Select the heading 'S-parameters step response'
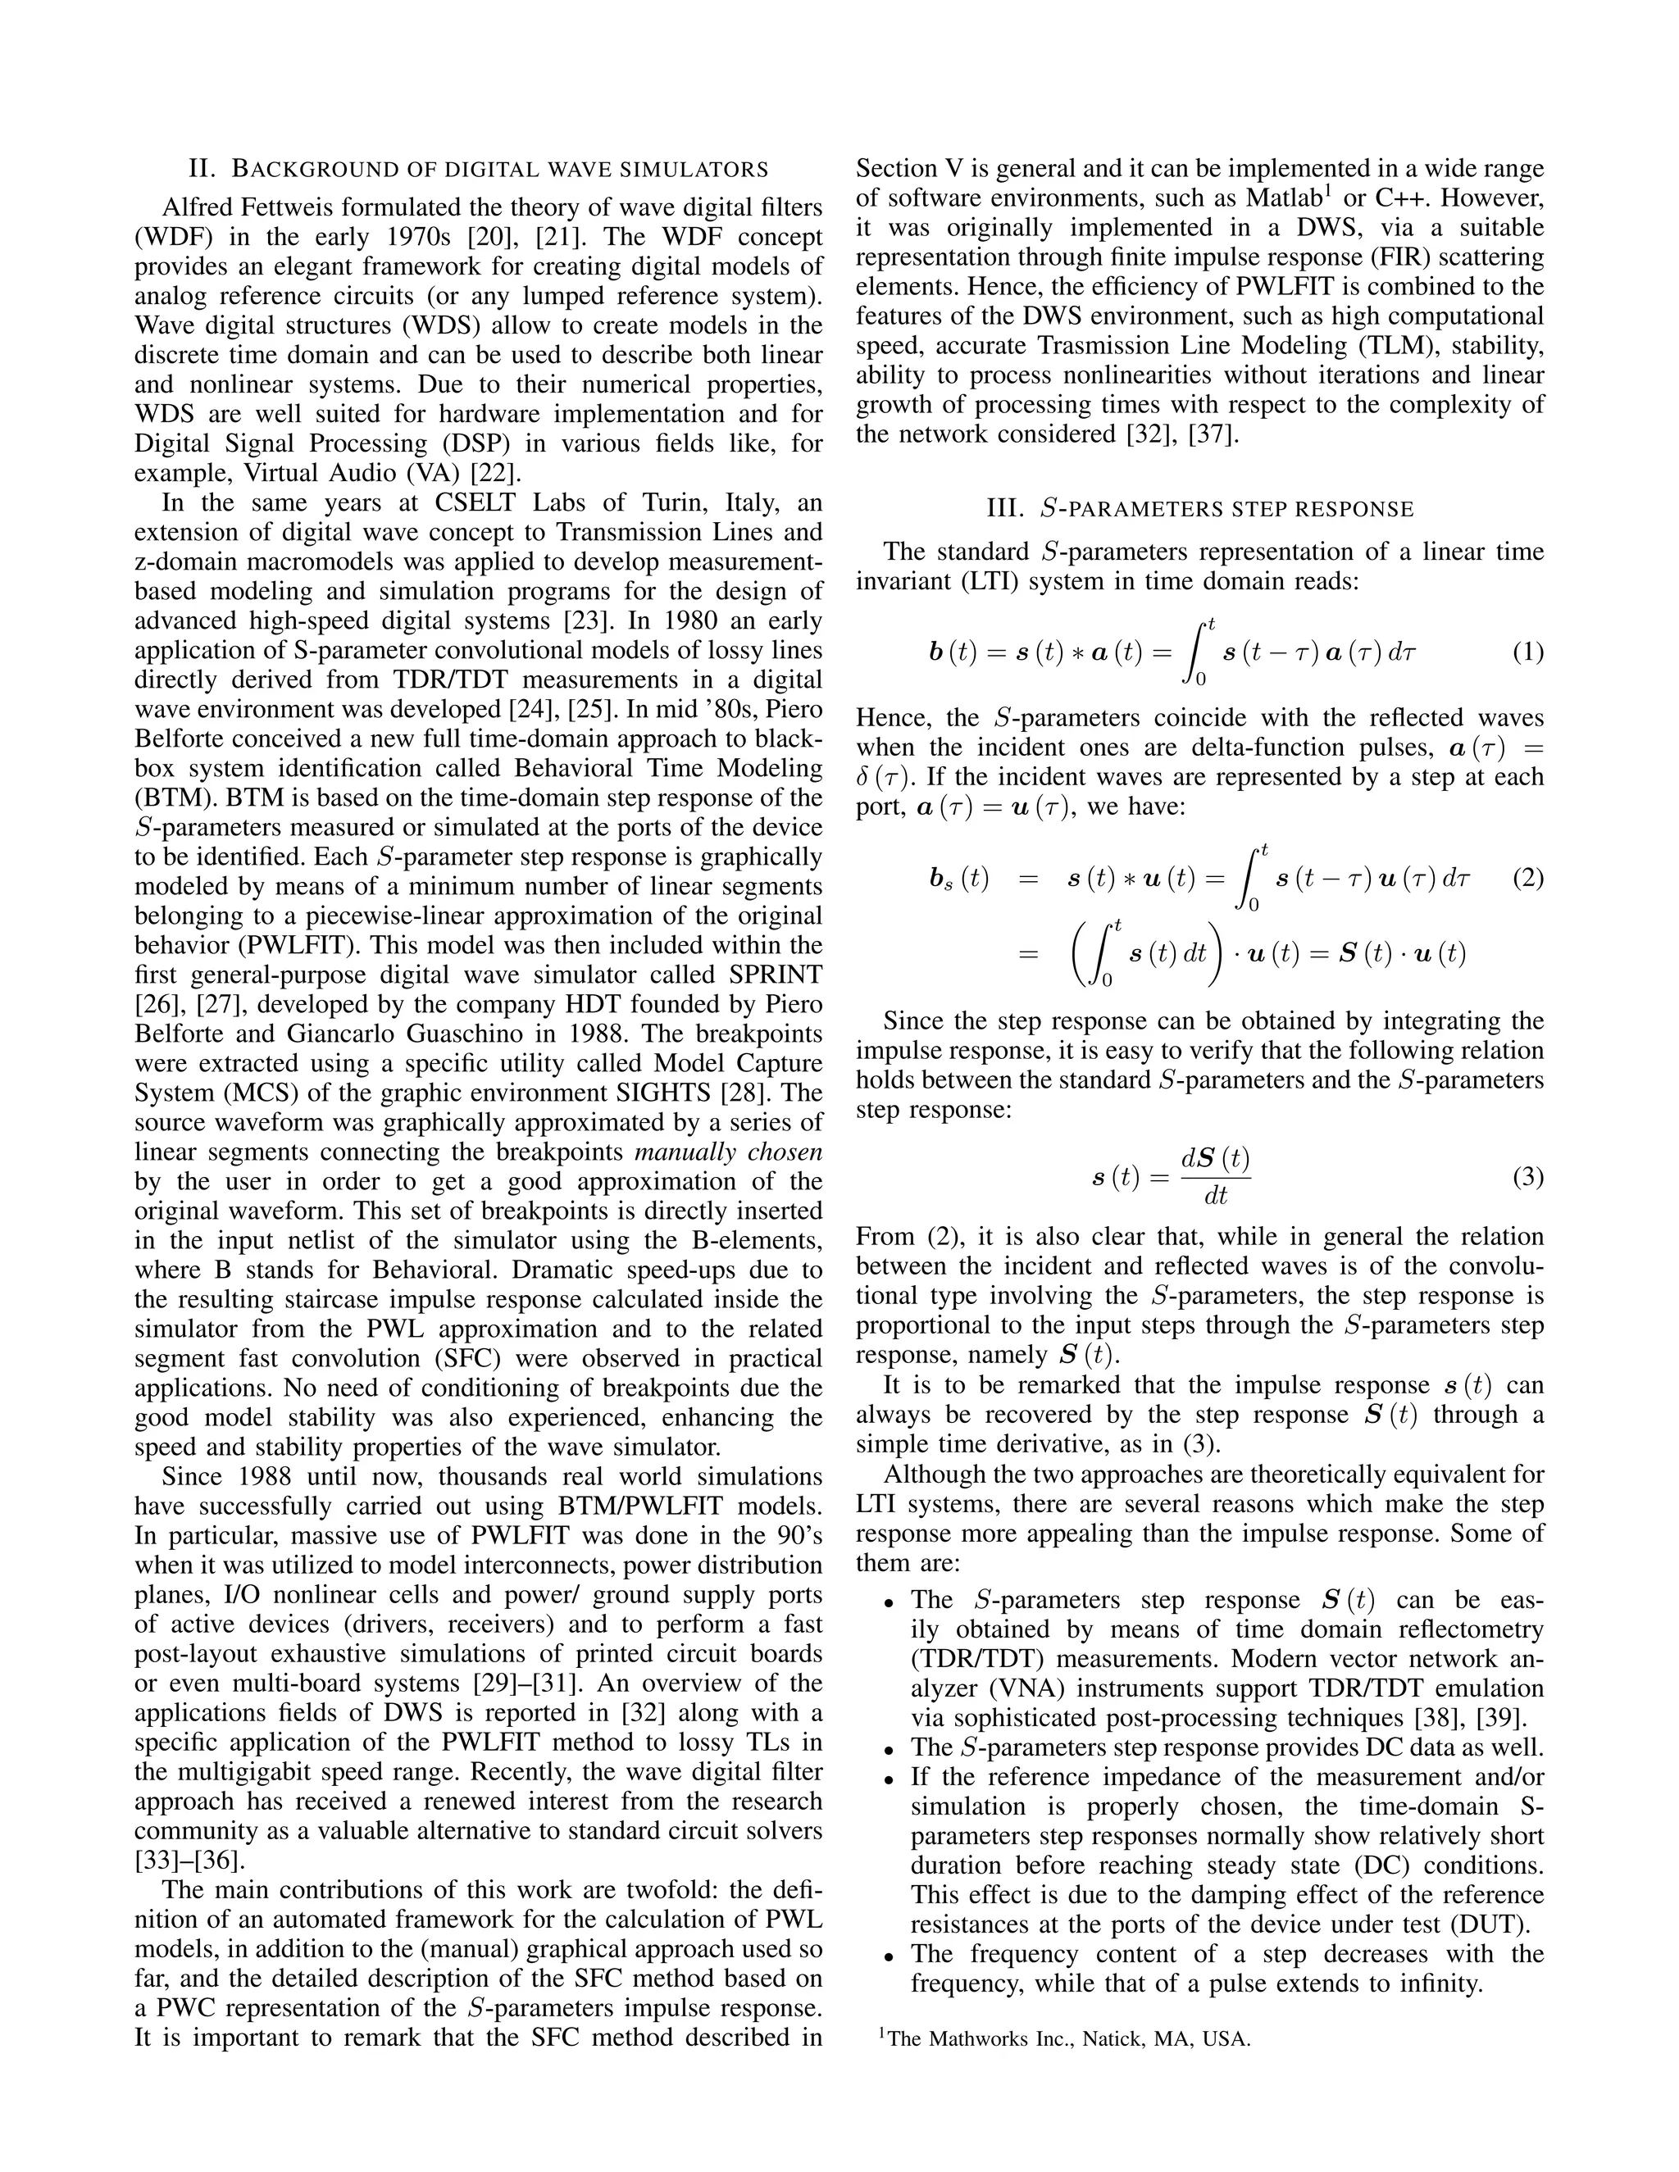pos(1199,509)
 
